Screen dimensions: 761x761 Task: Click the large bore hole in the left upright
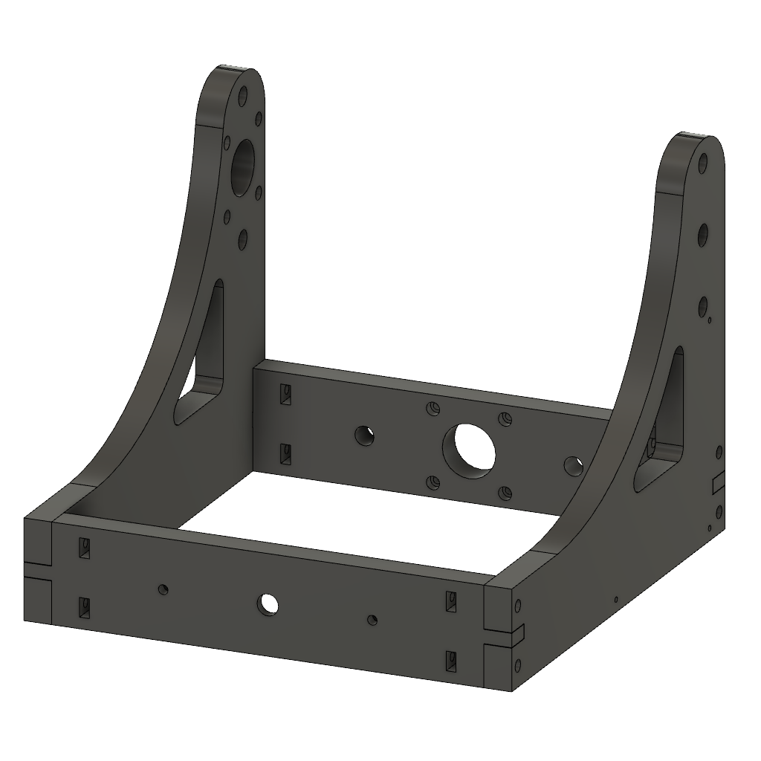(x=243, y=166)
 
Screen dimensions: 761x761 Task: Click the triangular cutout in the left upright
(x=202, y=357)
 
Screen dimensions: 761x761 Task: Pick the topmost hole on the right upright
(x=702, y=163)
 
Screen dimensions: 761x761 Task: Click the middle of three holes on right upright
(x=702, y=234)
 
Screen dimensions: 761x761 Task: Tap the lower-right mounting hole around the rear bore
(x=505, y=493)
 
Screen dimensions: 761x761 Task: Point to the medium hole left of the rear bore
(x=364, y=435)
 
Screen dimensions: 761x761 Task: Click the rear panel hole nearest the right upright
(x=574, y=466)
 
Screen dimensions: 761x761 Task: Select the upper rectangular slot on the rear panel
(x=284, y=394)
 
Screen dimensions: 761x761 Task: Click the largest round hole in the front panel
(x=268, y=604)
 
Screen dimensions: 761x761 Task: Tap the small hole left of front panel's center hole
(x=163, y=589)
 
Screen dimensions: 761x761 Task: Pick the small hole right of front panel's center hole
(x=373, y=619)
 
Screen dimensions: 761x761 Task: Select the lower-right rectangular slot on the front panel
(x=450, y=660)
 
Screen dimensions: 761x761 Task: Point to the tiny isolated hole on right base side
(x=616, y=599)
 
